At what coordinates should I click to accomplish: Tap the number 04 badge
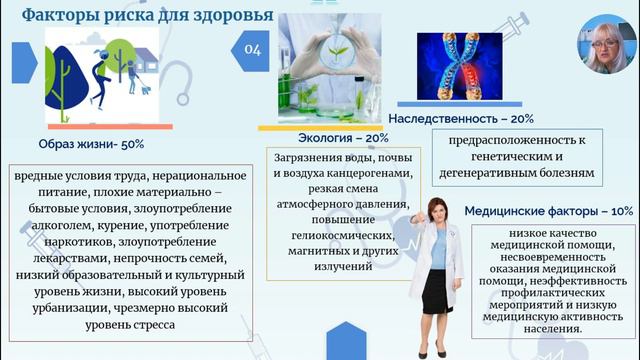coord(252,50)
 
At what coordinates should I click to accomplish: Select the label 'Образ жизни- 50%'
coord(91,143)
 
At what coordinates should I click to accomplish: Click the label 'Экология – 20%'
coord(343,137)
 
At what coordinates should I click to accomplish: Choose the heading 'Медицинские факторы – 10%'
coord(548,211)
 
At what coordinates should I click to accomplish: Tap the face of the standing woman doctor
coord(438,212)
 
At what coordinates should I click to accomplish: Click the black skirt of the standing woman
coord(437,289)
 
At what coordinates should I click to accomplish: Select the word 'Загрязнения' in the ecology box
coord(305,157)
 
